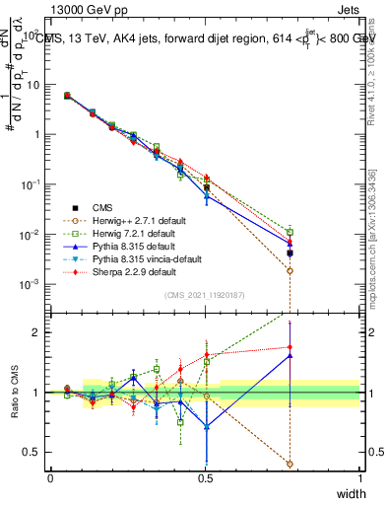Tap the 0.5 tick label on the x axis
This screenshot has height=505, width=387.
[x=205, y=477]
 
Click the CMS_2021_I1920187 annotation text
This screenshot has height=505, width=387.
[x=206, y=295]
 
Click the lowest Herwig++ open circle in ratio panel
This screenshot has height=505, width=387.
[x=290, y=464]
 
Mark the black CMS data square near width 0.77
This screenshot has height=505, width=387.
[x=290, y=253]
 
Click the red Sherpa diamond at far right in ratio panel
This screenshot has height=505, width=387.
[x=290, y=347]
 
